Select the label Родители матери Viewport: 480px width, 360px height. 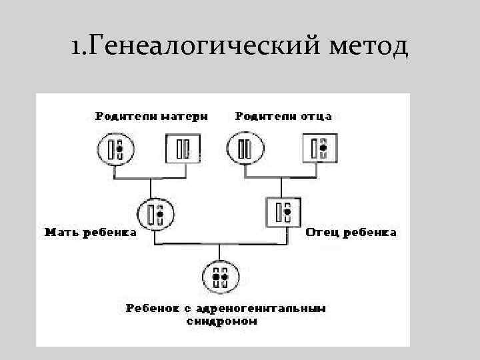pos(151,116)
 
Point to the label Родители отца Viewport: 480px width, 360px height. pos(283,116)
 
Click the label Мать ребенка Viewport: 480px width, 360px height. pos(90,233)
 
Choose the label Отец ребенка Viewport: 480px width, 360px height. pos(351,233)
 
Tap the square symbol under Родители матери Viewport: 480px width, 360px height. pos(181,149)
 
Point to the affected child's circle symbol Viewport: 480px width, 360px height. pos(219,275)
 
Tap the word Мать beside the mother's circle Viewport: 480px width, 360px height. pos(57,233)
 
